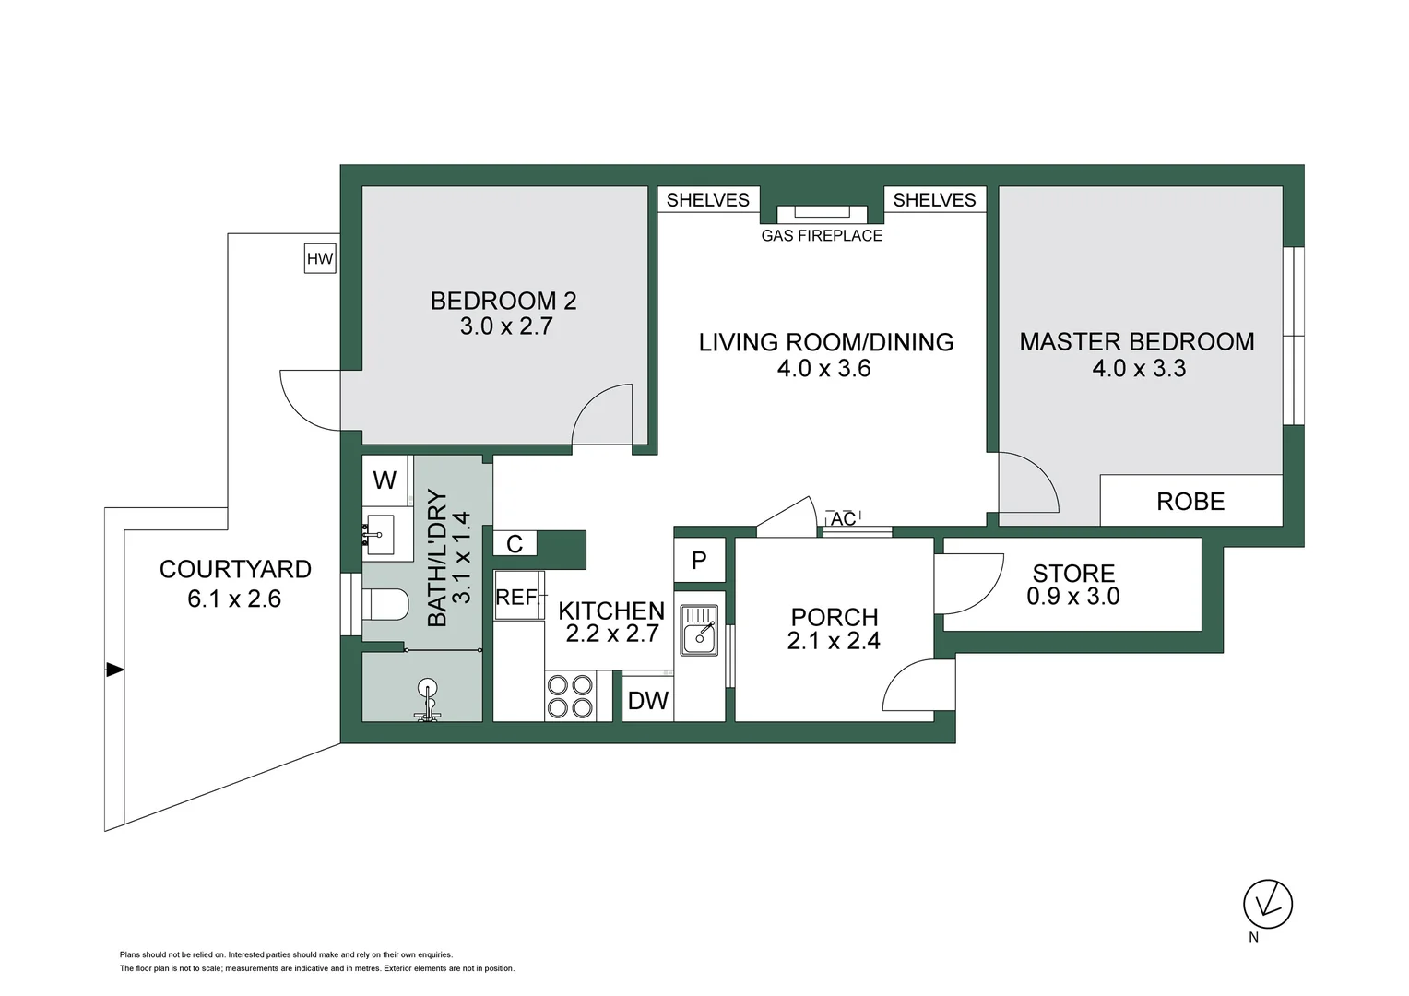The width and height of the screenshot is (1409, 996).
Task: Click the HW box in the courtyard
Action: [x=320, y=259]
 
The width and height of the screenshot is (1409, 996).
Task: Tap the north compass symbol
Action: [x=1268, y=904]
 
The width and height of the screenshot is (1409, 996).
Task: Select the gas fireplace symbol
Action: [x=822, y=213]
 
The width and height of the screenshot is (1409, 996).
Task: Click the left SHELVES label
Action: [x=708, y=200]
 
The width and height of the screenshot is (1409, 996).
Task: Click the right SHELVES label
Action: [x=934, y=200]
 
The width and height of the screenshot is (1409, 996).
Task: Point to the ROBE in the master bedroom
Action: [x=1190, y=502]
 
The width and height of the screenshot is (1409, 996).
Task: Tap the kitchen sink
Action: [x=700, y=630]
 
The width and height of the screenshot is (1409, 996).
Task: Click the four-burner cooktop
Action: [x=570, y=696]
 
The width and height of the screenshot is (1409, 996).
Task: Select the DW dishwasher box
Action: [x=647, y=701]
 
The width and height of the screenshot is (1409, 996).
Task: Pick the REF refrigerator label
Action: [x=516, y=598]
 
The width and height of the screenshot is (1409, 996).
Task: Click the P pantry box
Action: [x=699, y=560]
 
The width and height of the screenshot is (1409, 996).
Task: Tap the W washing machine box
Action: [x=385, y=480]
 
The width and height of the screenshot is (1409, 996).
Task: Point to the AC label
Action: [x=843, y=519]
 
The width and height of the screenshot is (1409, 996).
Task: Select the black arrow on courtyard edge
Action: [x=114, y=670]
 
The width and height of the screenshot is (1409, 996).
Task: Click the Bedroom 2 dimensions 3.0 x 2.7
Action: [x=505, y=326]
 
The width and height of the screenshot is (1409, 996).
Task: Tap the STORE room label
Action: [x=1073, y=573]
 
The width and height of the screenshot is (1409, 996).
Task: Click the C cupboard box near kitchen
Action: [x=515, y=545]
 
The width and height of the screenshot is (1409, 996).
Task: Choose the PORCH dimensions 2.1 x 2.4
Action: [x=834, y=641]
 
